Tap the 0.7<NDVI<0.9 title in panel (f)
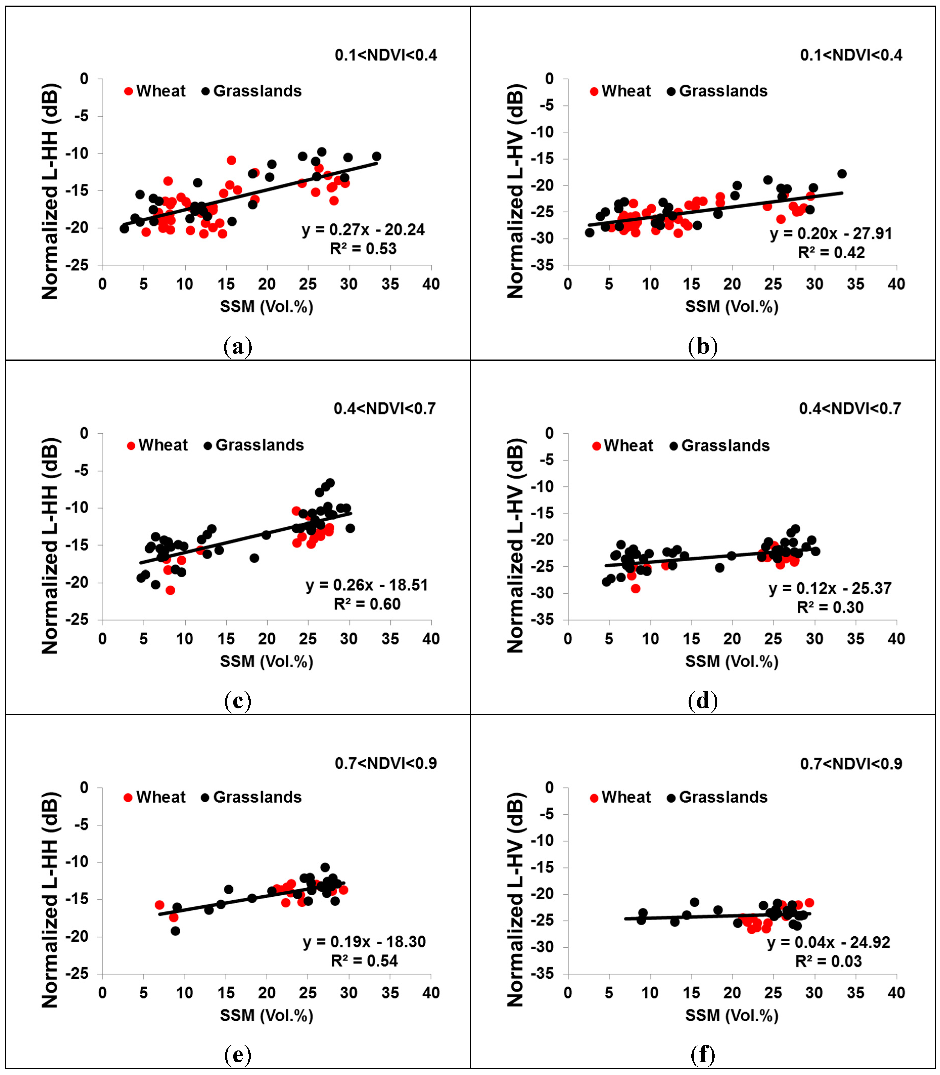click(x=851, y=764)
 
